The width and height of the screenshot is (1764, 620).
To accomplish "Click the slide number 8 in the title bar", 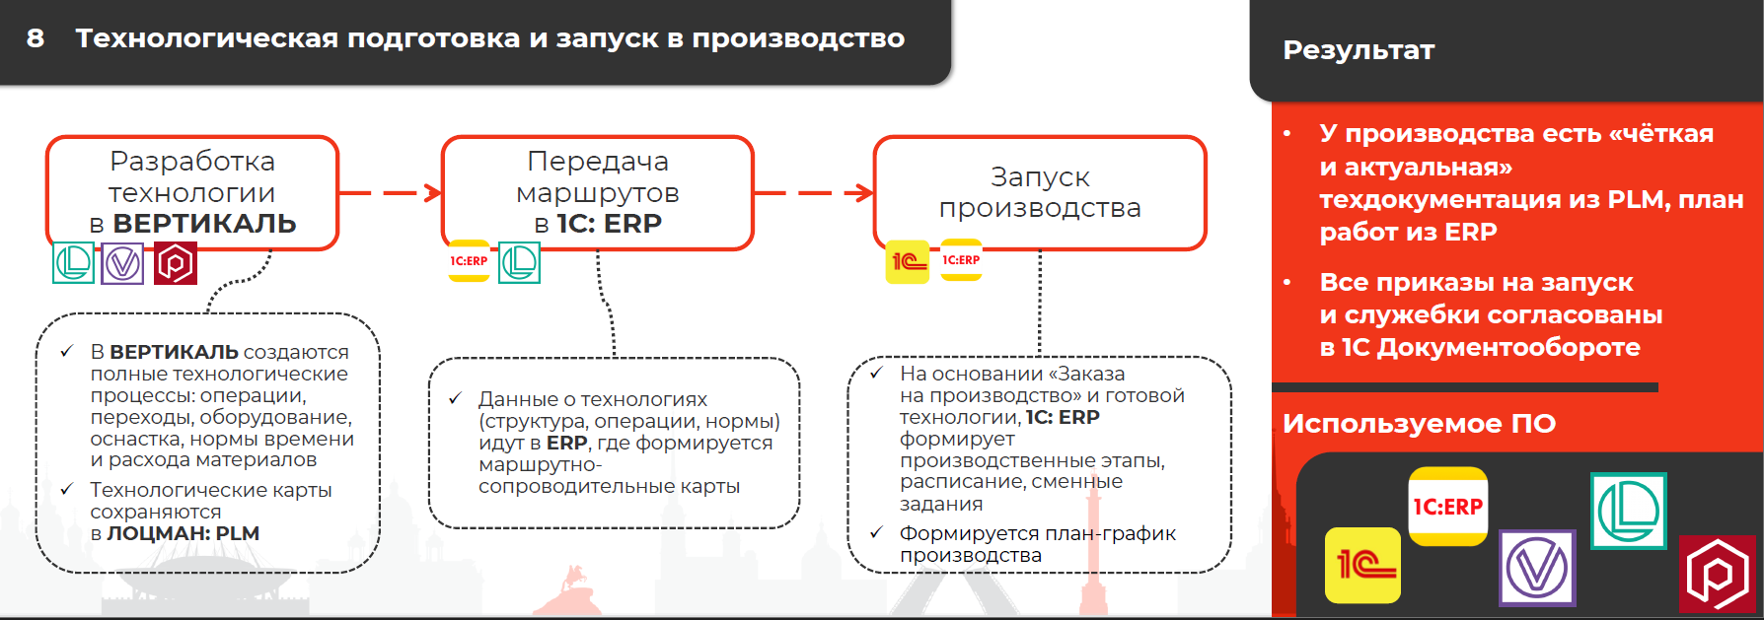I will tap(36, 38).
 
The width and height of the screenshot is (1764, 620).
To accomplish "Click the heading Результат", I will tap(1359, 50).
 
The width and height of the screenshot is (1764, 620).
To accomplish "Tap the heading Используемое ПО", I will tap(1419, 424).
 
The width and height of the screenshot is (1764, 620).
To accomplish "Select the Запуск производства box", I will tap(1040, 192).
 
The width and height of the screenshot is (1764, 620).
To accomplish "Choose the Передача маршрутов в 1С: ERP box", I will tap(597, 192).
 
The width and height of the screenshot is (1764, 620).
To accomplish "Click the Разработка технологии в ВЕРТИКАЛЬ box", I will tap(192, 192).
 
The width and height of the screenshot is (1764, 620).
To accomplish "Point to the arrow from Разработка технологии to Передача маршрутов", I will tap(391, 192).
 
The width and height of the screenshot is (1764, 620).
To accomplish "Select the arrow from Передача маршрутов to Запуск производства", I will tap(814, 192).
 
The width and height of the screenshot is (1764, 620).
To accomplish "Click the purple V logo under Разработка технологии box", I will tap(122, 263).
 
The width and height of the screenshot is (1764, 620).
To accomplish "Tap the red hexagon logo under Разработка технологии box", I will tap(175, 263).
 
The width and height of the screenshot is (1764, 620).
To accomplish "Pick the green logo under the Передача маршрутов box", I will tap(519, 262).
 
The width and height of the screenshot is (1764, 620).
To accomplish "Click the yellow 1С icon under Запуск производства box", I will tap(908, 261).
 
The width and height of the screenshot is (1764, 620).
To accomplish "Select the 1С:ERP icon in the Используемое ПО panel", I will tap(1447, 506).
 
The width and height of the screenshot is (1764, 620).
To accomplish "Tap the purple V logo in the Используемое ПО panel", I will tap(1537, 568).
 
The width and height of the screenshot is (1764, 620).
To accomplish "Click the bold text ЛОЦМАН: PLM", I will tap(184, 533).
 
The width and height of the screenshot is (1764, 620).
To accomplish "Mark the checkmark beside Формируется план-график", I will tap(876, 533).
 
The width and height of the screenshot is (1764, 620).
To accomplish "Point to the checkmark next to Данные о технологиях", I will tap(455, 398).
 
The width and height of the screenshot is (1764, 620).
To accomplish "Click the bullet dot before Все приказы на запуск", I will tap(1287, 283).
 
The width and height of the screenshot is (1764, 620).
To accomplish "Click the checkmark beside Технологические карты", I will tap(67, 489).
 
